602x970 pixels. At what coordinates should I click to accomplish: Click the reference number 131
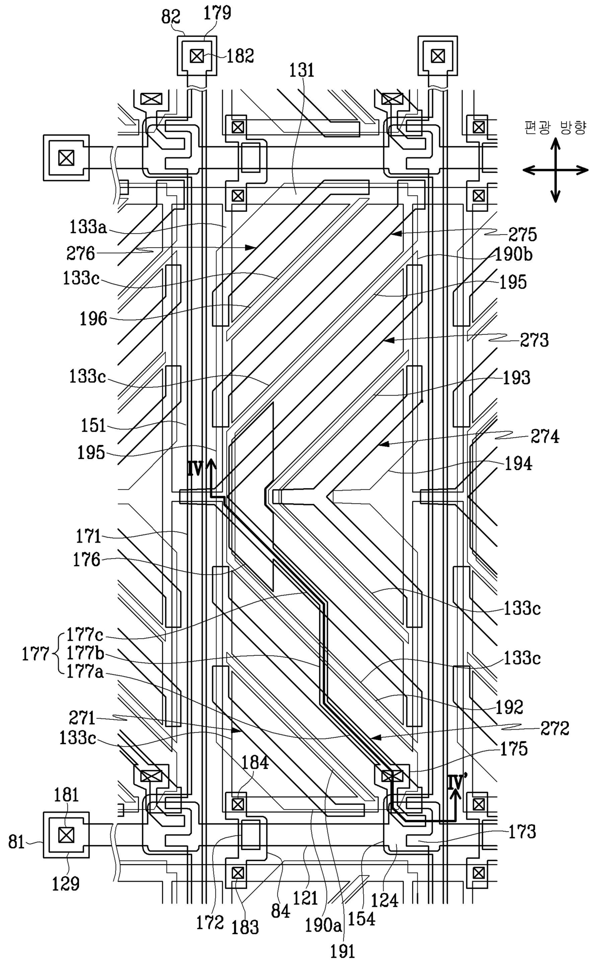[301, 70]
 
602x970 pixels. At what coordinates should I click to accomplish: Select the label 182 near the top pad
[240, 56]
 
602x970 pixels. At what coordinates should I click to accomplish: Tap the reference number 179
[217, 13]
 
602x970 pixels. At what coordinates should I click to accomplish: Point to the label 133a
[88, 227]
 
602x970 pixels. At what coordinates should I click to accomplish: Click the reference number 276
[81, 253]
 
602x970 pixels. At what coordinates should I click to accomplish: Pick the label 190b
[513, 254]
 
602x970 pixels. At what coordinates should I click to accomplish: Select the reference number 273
[534, 340]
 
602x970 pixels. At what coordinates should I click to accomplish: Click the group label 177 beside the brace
[35, 654]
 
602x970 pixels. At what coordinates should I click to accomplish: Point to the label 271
[82, 717]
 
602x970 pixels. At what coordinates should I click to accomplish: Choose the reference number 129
[66, 884]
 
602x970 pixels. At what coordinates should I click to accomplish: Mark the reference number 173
[522, 832]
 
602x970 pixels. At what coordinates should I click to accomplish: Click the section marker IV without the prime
[195, 470]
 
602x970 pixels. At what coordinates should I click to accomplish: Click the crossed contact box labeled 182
[196, 56]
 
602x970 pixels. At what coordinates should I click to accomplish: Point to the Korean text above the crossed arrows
[556, 128]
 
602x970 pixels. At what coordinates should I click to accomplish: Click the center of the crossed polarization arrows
[555, 170]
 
